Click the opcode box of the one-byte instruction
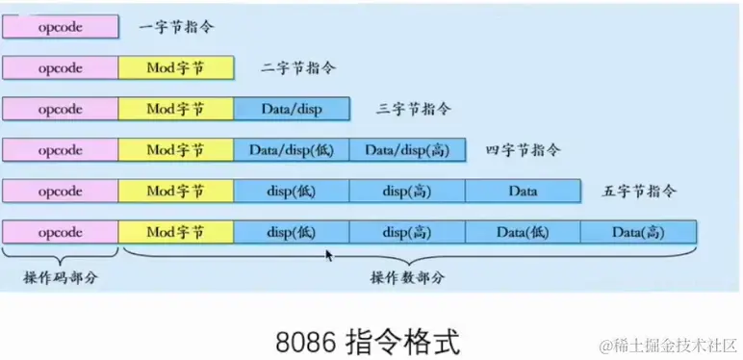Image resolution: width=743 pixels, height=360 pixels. click(61, 26)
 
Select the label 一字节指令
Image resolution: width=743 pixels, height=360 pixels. click(175, 26)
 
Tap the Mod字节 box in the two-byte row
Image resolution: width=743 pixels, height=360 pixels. click(175, 67)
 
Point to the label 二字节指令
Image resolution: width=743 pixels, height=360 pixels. click(299, 68)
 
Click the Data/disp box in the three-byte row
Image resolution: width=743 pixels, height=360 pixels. click(291, 109)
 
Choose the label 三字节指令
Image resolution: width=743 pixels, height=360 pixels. click(415, 109)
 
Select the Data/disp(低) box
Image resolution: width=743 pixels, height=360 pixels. click(291, 150)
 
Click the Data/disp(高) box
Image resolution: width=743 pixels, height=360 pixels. click(407, 150)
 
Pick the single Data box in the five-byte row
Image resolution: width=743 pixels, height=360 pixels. click(523, 191)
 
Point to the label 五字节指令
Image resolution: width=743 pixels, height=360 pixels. click(640, 191)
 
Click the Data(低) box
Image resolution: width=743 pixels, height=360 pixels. click(523, 232)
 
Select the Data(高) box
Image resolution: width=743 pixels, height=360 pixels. click(638, 232)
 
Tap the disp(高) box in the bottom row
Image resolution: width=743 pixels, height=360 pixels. click(407, 232)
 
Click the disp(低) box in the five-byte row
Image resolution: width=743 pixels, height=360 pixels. click(291, 191)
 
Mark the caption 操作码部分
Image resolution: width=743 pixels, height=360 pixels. click(60, 277)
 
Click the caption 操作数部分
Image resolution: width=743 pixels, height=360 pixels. click(407, 277)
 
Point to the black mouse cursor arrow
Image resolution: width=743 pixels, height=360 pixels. click(330, 256)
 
